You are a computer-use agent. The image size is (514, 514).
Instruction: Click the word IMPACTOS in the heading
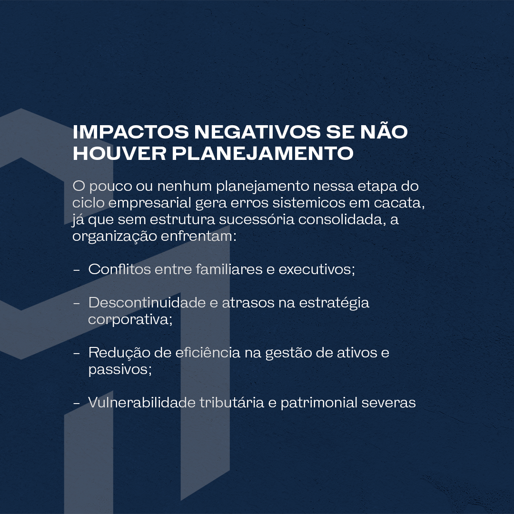(x=131, y=132)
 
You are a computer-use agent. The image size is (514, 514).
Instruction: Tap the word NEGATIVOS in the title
(x=257, y=132)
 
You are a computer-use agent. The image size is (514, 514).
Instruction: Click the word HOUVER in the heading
(x=119, y=153)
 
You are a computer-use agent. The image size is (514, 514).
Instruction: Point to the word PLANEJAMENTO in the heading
(x=263, y=153)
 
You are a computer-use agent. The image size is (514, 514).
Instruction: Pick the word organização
(x=115, y=237)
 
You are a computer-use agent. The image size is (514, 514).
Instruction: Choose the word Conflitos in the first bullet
(x=119, y=269)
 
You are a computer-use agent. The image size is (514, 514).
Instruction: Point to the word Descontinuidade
(x=147, y=303)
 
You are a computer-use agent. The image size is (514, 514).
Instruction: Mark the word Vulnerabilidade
(x=142, y=403)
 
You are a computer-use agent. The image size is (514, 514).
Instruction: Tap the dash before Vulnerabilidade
(x=76, y=403)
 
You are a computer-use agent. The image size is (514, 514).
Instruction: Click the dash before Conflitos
(x=76, y=270)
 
